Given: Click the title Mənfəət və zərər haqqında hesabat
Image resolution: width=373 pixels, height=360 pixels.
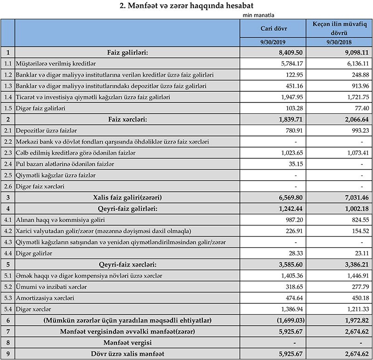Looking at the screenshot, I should (x=186, y=6).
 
